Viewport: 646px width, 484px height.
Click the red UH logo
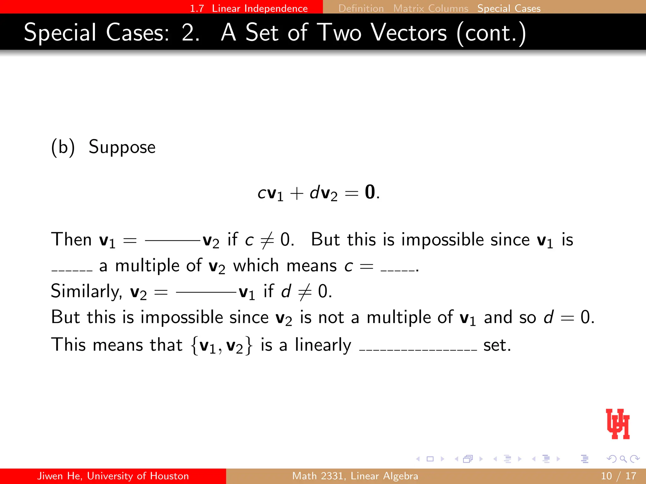(x=618, y=424)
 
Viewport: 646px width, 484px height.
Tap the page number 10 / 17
(x=618, y=476)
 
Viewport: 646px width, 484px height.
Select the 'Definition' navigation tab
(x=361, y=8)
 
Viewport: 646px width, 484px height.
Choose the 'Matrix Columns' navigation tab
(x=431, y=8)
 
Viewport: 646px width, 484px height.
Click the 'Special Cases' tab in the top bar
(x=509, y=8)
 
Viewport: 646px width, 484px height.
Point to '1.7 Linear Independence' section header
(x=249, y=8)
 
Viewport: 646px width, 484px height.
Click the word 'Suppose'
(x=122, y=147)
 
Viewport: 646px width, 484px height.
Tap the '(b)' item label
(x=63, y=147)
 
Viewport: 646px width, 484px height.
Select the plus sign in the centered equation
(x=297, y=193)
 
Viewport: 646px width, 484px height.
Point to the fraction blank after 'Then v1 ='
(x=172, y=241)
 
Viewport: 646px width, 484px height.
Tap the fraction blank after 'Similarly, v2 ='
(x=206, y=292)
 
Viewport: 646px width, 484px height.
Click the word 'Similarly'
(x=86, y=291)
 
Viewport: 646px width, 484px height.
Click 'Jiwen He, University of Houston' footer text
(x=113, y=476)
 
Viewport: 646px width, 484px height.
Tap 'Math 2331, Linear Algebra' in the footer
(x=355, y=476)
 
